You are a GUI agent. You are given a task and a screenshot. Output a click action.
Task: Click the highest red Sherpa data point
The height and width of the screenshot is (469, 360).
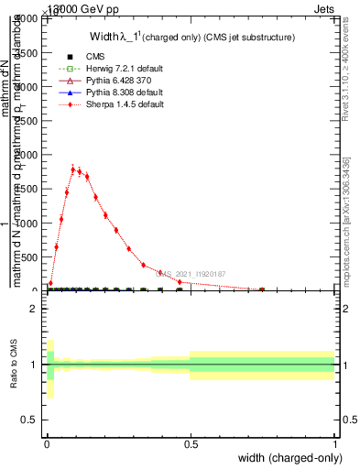[x=72, y=169]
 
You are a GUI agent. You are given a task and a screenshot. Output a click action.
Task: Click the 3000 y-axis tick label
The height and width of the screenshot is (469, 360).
[x=27, y=87]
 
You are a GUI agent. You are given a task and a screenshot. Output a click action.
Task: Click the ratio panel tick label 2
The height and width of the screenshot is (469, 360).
[x=33, y=309]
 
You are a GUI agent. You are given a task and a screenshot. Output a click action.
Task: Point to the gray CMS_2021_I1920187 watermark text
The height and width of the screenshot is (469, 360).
[x=193, y=273]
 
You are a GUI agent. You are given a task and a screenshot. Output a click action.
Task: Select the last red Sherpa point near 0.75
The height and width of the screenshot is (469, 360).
[x=262, y=289]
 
